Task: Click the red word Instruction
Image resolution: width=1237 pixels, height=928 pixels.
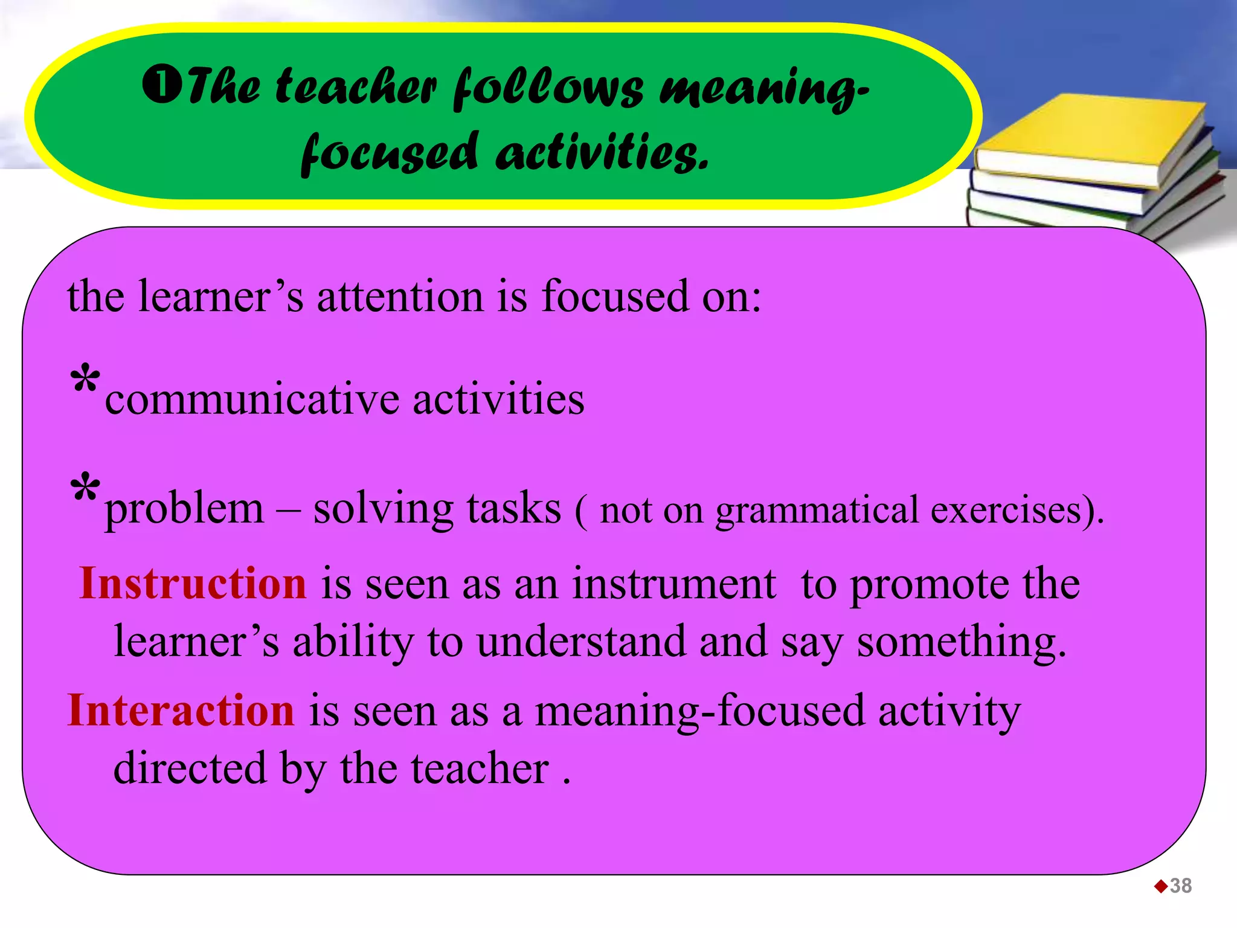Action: point(193,584)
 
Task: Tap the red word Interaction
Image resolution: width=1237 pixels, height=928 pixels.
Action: point(181,710)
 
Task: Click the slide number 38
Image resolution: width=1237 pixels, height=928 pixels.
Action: point(1180,886)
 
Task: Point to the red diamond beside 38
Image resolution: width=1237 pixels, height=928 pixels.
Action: point(1161,886)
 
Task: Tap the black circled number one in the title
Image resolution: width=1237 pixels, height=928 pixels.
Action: point(161,85)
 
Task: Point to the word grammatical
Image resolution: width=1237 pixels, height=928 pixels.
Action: point(817,511)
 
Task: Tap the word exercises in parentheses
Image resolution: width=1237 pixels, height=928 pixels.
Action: point(1005,510)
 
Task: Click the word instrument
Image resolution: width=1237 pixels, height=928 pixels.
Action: point(674,584)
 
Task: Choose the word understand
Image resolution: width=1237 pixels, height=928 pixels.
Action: point(581,642)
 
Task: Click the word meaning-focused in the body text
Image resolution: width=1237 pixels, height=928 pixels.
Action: point(700,711)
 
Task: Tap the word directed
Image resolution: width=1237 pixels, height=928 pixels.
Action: point(190,768)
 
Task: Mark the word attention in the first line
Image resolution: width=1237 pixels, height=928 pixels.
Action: point(400,297)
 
